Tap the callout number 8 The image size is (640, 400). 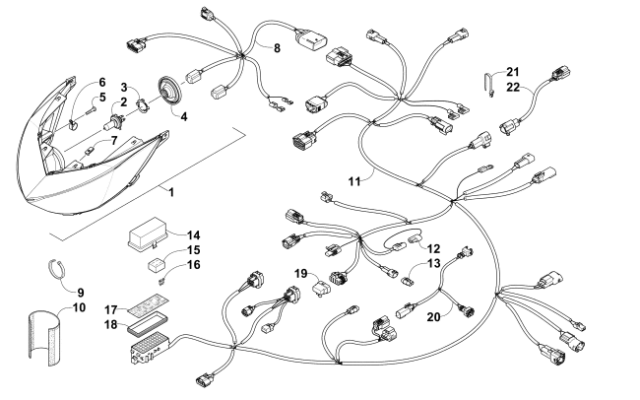(278, 47)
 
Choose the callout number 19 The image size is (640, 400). (302, 273)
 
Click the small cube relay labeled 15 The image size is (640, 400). (156, 264)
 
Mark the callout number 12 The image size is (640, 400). (434, 247)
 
